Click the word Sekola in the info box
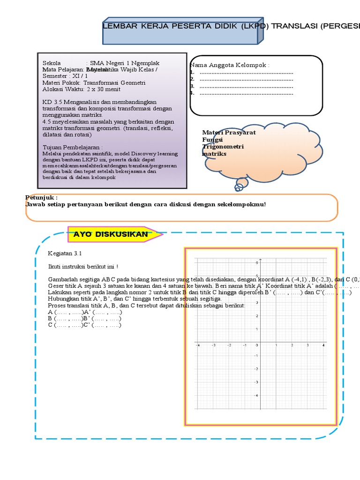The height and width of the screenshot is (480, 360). pos(52,63)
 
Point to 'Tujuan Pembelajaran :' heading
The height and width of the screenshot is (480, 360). pos(72,147)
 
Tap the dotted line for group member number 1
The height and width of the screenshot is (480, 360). pos(246,73)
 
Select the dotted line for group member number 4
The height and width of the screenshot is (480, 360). pos(246,93)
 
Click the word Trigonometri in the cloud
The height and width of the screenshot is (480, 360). pos(223,147)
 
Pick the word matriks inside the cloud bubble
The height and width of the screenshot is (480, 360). pos(214,154)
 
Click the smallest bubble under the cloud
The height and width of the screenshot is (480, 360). pos(239,188)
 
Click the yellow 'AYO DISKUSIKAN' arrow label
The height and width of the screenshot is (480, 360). pos(111,234)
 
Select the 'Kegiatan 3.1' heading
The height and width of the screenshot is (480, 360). pos(65,253)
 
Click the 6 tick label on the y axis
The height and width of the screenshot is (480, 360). pos(256,263)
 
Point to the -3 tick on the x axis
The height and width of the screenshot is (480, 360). pos(213,345)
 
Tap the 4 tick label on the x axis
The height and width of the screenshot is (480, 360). pos(323,345)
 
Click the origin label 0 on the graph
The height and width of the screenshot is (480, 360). pos(256,345)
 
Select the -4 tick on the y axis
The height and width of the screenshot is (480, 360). pos(255,395)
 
